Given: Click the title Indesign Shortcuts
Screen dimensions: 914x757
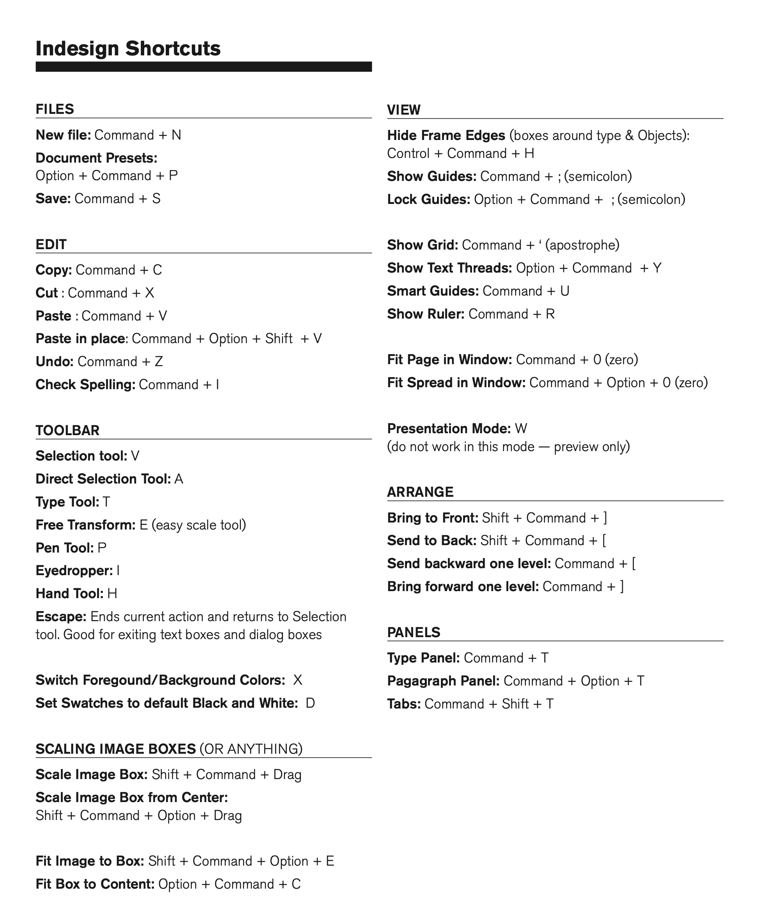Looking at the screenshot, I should [x=128, y=48].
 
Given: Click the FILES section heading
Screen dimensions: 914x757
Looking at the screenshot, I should [x=55, y=109].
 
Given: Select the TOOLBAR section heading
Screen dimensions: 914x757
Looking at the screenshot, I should [x=67, y=430].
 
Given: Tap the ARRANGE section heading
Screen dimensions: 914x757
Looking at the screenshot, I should [x=420, y=492].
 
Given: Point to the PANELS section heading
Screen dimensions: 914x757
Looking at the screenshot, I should [x=414, y=632].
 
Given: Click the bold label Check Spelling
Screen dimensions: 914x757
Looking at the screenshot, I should [x=85, y=384].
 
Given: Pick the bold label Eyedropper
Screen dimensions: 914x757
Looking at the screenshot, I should [x=74, y=570].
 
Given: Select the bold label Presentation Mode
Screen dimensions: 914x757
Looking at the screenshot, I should [x=449, y=428].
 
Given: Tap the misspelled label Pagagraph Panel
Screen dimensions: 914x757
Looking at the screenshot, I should [x=443, y=681].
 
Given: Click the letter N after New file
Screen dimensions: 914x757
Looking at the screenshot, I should [x=176, y=135].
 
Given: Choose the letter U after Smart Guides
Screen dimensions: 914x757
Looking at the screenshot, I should [x=565, y=291].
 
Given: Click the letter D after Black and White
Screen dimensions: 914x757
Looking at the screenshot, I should [x=310, y=703].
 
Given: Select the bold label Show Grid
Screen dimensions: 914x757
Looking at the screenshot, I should [x=423, y=245].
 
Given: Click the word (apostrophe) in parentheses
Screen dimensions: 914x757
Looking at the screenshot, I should [x=582, y=245].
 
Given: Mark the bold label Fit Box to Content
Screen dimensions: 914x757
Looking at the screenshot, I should [x=95, y=884].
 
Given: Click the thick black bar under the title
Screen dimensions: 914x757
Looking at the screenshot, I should [x=203, y=67].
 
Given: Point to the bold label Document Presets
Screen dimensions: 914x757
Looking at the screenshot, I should [x=96, y=158].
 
